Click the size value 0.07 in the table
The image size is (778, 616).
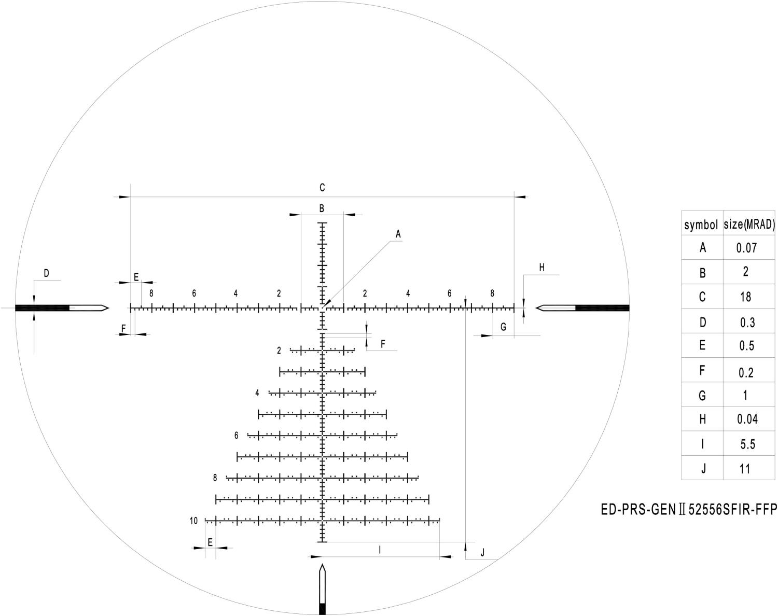pos(746,248)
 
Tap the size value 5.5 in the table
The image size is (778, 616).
pos(747,444)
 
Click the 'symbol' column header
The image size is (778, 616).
pos(701,225)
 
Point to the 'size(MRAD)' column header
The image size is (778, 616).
pos(749,225)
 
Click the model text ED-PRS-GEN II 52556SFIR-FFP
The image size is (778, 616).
pos(689,510)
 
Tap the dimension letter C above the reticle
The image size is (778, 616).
pos(322,188)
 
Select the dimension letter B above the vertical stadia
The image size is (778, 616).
pos(322,208)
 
